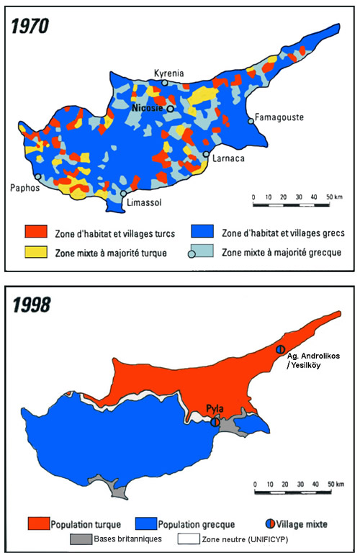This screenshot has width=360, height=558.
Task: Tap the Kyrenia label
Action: point(168,73)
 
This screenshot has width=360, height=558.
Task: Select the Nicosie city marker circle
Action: point(171,108)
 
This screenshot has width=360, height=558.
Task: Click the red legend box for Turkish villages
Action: point(37,232)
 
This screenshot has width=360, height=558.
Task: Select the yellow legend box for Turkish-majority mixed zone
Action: point(37,253)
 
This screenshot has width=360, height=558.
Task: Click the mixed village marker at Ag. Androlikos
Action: point(282,348)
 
